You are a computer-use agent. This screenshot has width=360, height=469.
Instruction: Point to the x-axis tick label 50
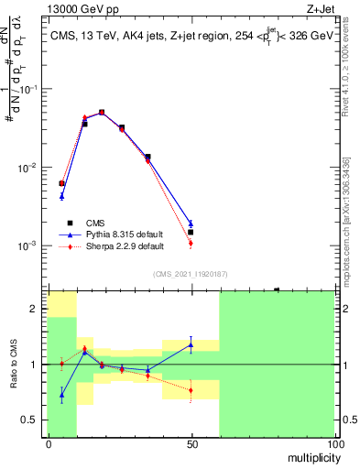tap(191, 443)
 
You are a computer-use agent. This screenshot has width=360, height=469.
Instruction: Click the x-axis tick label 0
tap(49, 443)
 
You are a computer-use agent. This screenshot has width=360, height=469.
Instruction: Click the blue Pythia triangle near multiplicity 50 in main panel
tap(191, 223)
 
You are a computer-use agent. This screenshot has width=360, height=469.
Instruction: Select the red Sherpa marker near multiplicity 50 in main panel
tap(191, 244)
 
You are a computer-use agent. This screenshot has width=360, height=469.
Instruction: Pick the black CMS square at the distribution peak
tap(102, 113)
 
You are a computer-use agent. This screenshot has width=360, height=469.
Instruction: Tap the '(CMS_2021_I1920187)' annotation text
tap(191, 274)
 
